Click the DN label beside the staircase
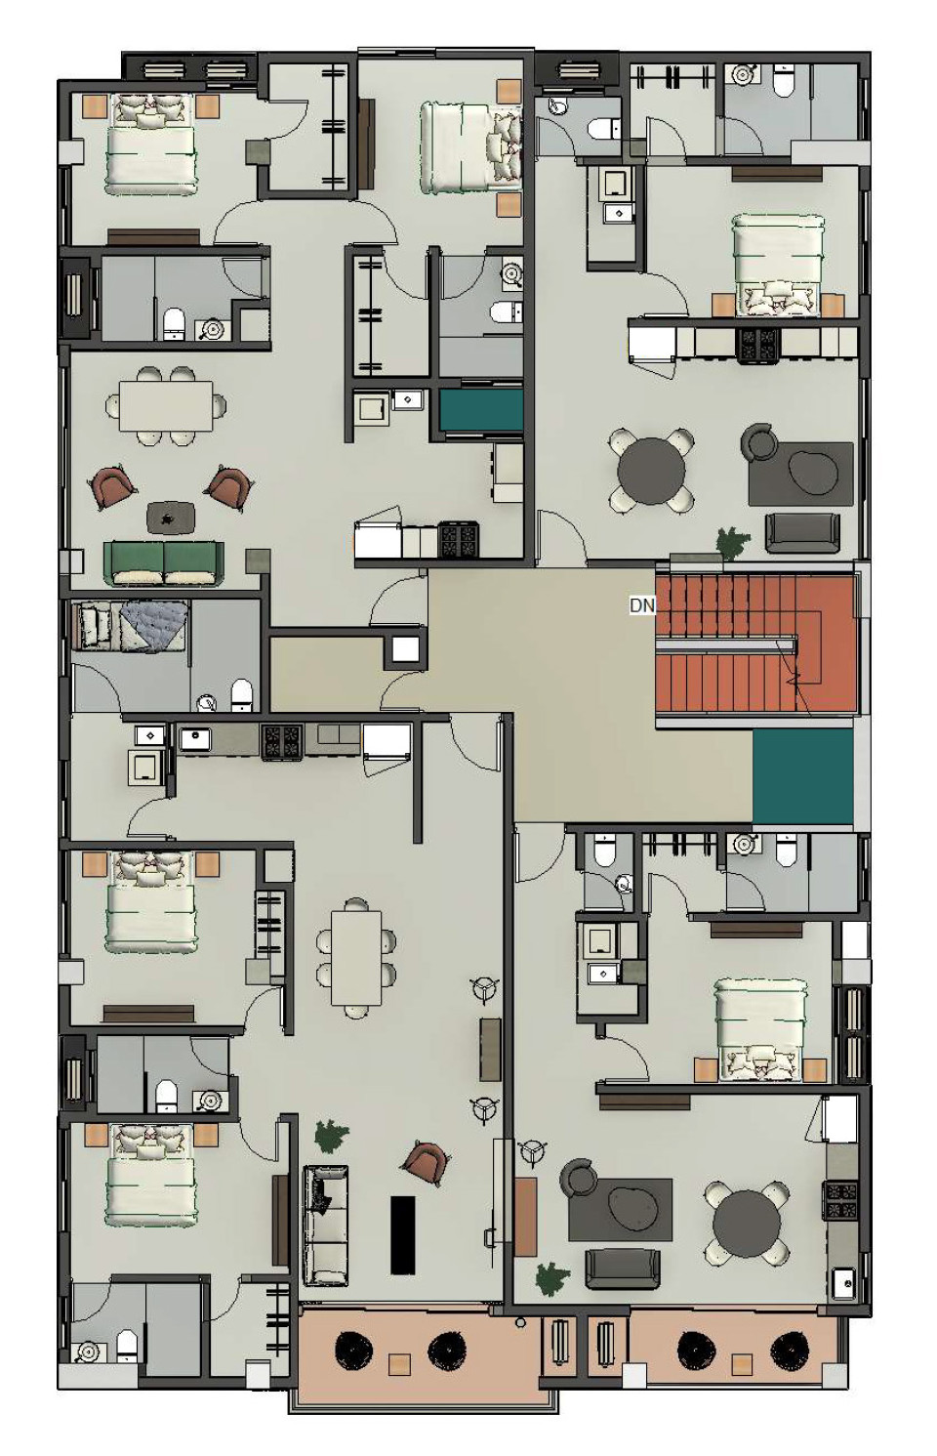pos(641,605)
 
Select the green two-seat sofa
pos(164,562)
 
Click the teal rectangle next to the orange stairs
pos(802,776)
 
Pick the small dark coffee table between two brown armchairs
pos(171,517)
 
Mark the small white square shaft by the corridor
pos(405,649)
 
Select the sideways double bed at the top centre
pos(471,147)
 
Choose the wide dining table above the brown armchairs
pos(166,405)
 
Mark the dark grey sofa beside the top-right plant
pos(802,532)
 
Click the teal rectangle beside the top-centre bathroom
pos(481,410)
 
